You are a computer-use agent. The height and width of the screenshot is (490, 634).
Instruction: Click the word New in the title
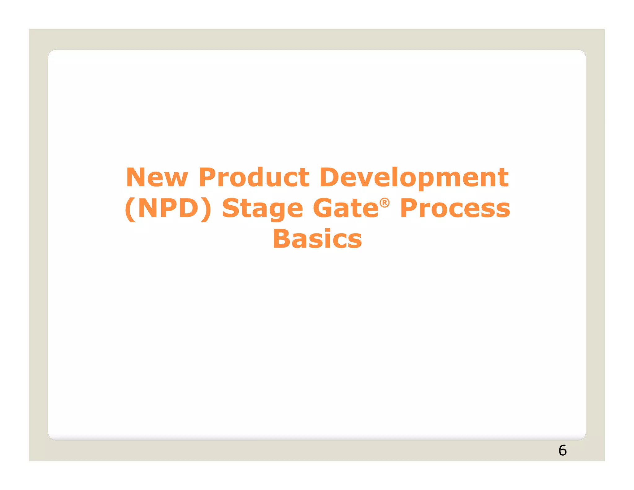point(157,177)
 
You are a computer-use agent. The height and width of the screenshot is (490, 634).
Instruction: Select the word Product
point(254,177)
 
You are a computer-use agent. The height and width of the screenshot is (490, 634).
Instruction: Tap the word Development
point(414,178)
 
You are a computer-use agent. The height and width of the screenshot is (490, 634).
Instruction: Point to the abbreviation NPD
point(168,208)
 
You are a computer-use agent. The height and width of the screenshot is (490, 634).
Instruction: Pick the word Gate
point(345,208)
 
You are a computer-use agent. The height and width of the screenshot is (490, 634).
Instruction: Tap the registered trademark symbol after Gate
point(384,203)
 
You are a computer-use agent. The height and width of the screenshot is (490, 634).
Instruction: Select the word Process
point(455,208)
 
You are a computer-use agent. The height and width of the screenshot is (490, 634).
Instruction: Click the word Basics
point(317,239)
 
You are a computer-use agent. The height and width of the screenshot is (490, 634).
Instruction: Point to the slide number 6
point(562,450)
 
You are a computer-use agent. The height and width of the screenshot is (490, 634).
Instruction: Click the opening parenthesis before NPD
point(130,209)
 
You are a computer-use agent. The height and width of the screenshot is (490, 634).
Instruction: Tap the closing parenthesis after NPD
point(206,209)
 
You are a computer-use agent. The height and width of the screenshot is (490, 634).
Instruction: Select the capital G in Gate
point(323,208)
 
